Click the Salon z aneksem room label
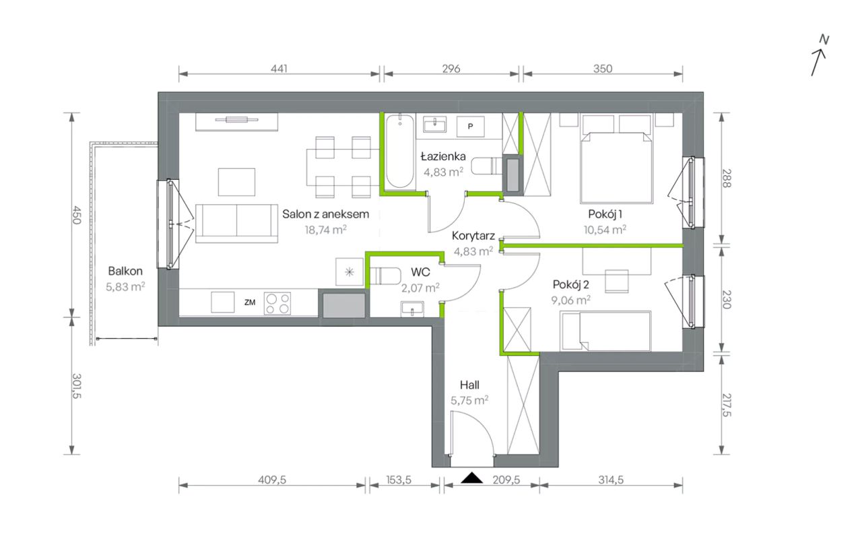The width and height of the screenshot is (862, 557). click(325, 214)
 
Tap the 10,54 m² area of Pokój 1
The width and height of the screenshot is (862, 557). click(605, 230)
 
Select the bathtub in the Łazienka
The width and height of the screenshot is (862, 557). click(400, 152)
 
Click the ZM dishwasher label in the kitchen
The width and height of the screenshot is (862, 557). click(250, 302)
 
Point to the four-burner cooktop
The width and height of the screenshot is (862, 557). click(277, 303)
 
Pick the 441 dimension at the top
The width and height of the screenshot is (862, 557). click(279, 69)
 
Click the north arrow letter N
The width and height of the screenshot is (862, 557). click(824, 40)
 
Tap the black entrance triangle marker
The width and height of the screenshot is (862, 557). click(472, 478)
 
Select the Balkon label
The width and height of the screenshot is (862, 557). click(125, 271)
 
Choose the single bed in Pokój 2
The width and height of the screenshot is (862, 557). click(605, 331)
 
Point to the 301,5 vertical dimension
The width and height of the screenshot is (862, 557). click(77, 386)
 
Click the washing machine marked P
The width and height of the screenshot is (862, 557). click(470, 126)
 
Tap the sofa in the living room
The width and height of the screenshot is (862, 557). click(236, 223)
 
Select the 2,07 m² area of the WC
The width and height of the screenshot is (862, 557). click(421, 288)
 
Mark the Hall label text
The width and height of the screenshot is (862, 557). click(469, 385)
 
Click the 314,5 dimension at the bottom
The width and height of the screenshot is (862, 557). click(611, 480)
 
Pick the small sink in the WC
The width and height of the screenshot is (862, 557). click(412, 309)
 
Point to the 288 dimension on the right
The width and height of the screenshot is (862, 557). click(726, 178)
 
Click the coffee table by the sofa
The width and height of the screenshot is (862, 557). click(236, 182)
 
